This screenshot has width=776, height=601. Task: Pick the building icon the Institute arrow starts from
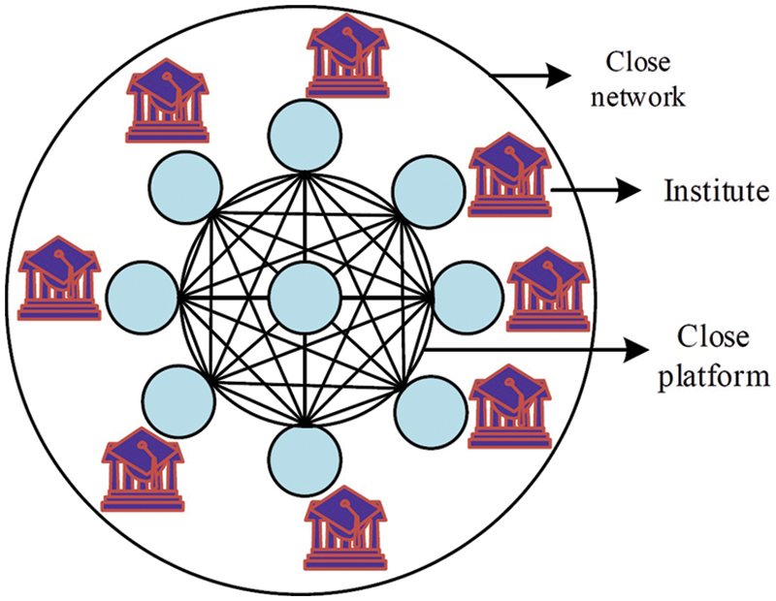tap(508, 177)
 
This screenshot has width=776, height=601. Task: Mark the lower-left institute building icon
tap(142, 469)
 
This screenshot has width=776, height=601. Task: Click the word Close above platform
tap(713, 338)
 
